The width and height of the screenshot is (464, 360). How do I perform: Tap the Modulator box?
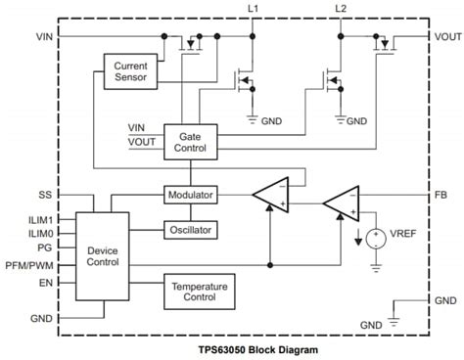point(189,195)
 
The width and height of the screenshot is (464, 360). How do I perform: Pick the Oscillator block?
point(189,230)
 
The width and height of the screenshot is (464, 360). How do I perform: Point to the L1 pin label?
point(254,9)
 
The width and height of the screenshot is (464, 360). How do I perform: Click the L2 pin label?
point(341,9)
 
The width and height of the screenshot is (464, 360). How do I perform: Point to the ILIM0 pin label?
point(39,234)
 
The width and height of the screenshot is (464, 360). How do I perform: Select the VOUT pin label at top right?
point(445,36)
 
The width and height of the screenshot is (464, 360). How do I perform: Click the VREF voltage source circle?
point(374,238)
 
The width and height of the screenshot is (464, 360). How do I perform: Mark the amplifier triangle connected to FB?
point(342,202)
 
